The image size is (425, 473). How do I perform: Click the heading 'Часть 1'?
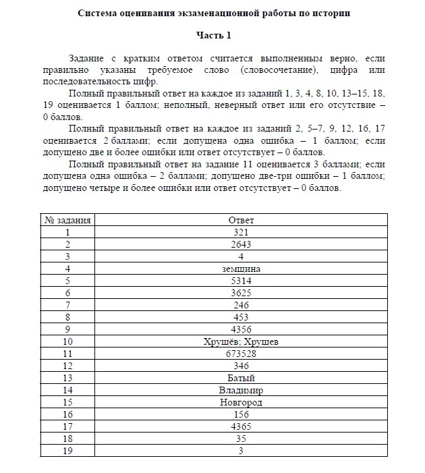pos(213,34)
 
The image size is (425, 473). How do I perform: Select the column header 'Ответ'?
pos(241,220)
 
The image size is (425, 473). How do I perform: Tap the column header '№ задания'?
pos(68,220)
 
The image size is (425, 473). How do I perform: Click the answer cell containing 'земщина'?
pos(241,269)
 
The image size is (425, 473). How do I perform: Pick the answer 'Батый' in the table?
pos(241,378)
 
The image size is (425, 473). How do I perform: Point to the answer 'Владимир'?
pos(241,390)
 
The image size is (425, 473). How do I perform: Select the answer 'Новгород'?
pos(241,402)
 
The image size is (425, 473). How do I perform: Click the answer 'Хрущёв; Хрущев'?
pos(241,341)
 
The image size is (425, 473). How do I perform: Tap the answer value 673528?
pos(241,354)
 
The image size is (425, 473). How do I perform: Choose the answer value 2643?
pos(241,244)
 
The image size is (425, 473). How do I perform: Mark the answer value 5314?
pos(241,281)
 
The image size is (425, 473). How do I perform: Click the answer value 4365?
pos(241,426)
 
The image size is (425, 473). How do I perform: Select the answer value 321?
pos(241,232)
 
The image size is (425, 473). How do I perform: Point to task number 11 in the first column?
pos(68,354)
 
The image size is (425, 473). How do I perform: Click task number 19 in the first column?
pos(68,451)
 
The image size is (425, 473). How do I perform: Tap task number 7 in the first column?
pos(68,305)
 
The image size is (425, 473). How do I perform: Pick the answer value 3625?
pos(241,293)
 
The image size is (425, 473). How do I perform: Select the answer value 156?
pos(241,414)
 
